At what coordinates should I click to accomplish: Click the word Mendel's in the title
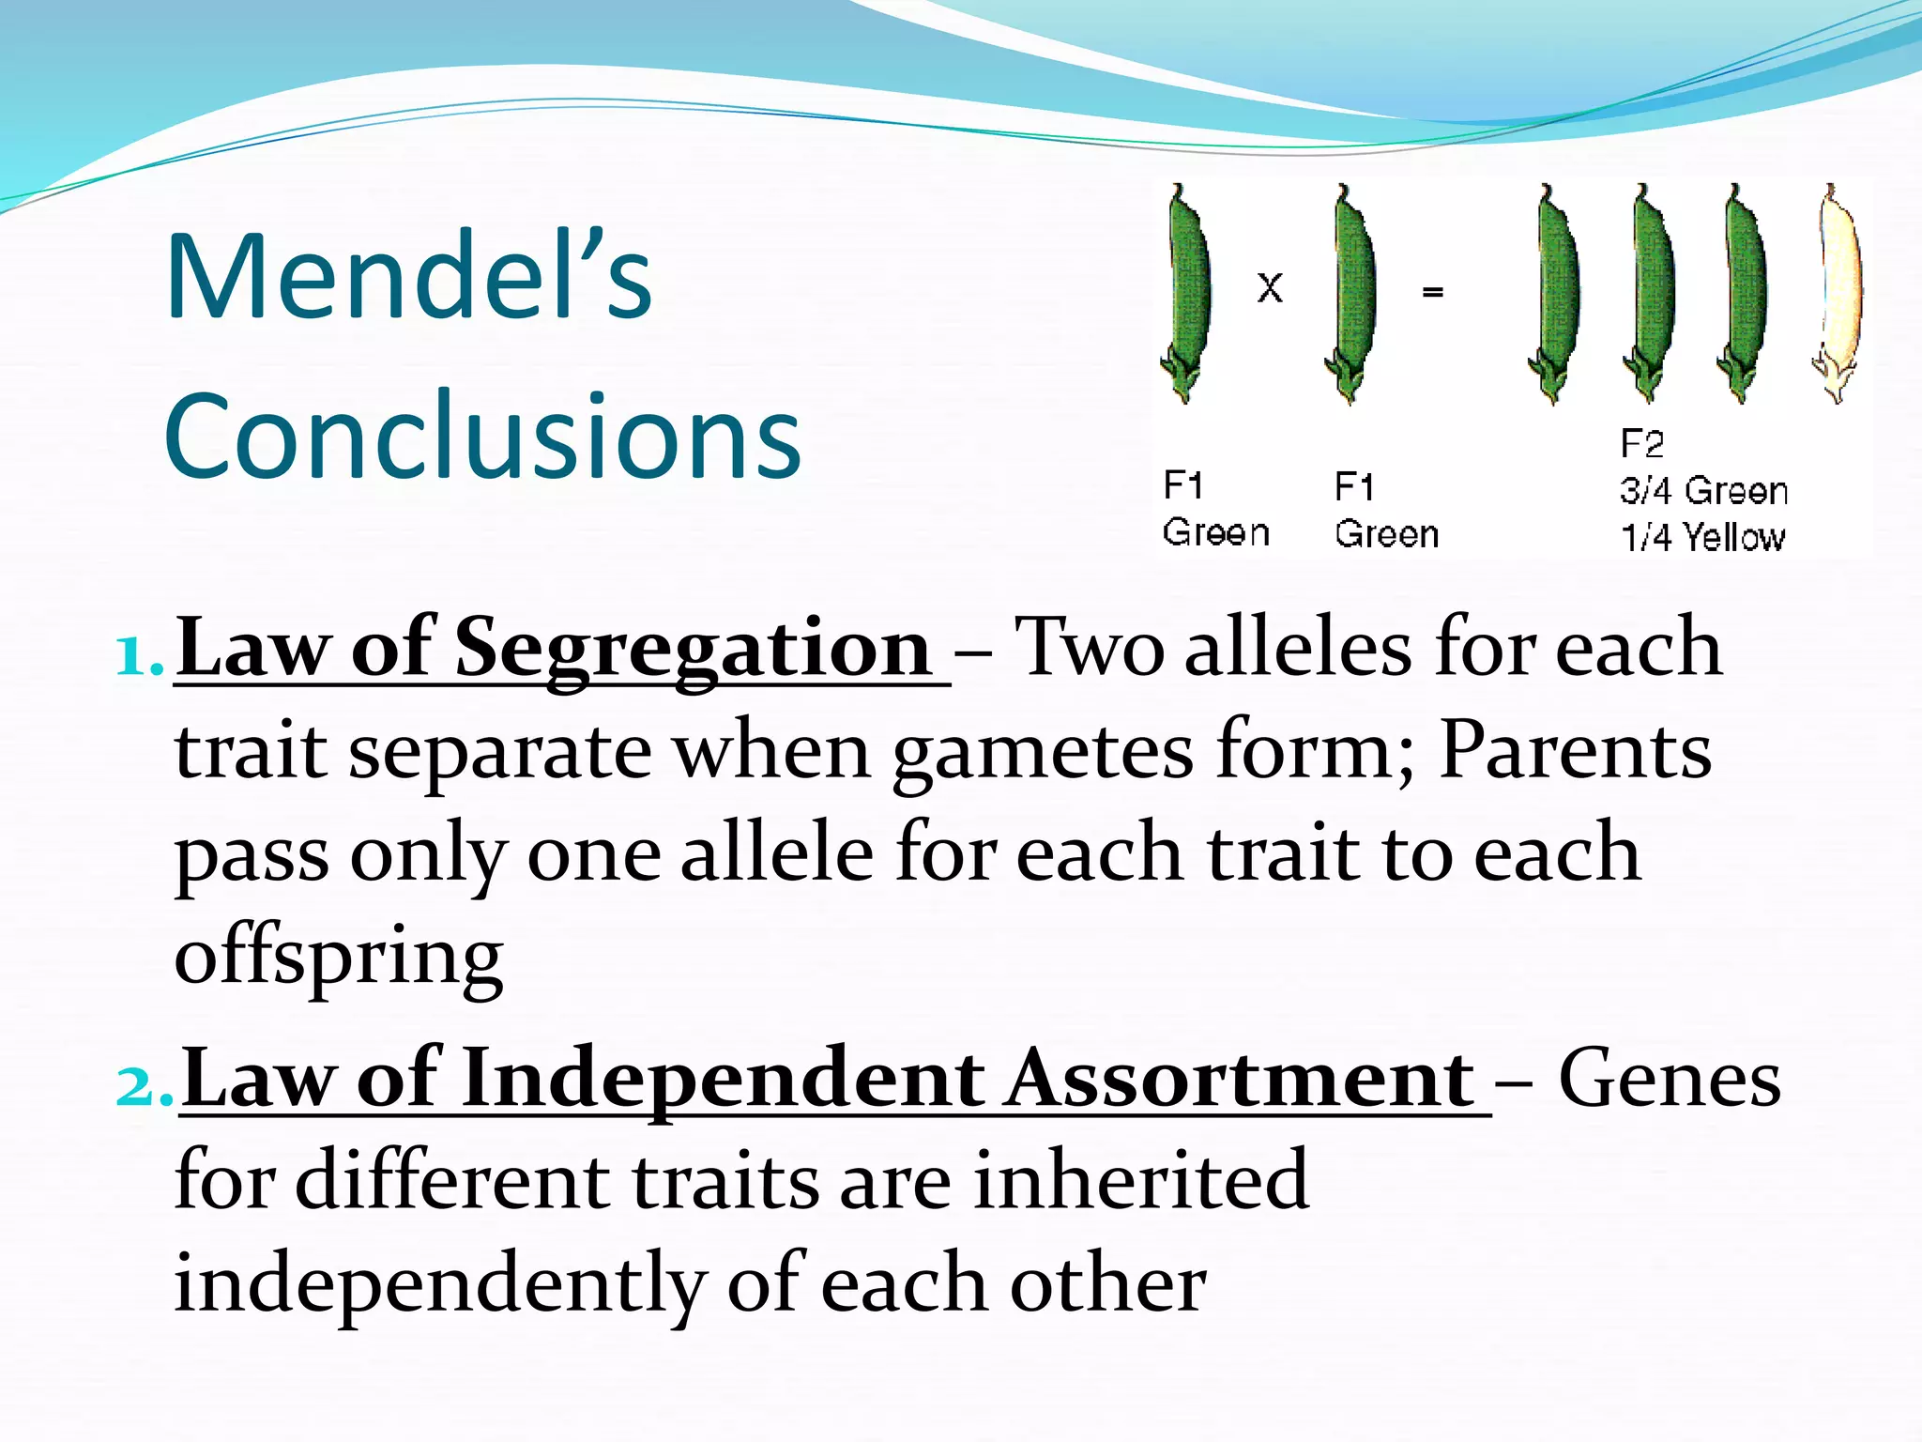(408, 278)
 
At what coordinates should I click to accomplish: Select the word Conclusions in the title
(482, 436)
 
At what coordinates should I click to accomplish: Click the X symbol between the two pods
(1270, 287)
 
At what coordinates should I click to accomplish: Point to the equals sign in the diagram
(1432, 292)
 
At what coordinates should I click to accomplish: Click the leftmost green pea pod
(1187, 293)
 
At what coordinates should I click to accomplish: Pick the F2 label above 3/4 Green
(1641, 443)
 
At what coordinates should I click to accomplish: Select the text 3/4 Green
(1703, 491)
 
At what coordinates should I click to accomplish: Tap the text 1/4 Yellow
(1703, 537)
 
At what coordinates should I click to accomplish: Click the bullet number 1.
(138, 656)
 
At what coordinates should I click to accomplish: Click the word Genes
(1669, 1080)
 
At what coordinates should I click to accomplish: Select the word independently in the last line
(439, 1286)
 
